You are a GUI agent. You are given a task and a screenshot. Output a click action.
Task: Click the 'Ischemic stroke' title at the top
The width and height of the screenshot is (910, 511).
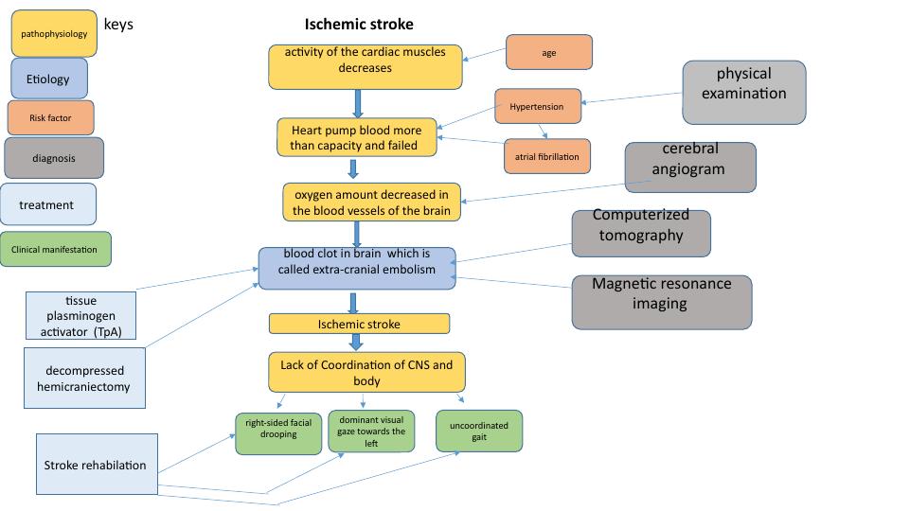359,24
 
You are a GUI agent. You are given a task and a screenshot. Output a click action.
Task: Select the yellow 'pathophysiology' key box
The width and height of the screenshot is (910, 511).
54,33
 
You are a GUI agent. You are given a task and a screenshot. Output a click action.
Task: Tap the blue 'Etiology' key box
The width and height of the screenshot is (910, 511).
48,79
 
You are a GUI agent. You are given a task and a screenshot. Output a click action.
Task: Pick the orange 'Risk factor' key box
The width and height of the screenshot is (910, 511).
51,118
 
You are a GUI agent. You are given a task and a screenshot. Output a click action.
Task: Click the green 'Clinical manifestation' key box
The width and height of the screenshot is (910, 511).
55,249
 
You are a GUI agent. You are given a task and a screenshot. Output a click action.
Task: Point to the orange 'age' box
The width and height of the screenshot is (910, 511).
549,52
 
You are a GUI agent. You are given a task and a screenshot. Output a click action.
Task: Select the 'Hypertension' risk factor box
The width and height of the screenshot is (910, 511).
537,107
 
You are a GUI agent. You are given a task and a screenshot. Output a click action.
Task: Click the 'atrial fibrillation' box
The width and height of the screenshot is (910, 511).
547,155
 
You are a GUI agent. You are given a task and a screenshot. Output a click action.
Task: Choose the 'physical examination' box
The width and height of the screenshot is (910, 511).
743,93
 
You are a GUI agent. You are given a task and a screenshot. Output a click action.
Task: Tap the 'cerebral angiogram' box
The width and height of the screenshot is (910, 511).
690,167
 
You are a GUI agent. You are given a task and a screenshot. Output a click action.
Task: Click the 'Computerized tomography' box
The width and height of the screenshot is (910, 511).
641,233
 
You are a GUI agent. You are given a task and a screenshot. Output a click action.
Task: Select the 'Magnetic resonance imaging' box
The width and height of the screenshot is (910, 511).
662,301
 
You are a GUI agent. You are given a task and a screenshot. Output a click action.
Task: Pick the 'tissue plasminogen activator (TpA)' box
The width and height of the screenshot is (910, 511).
80,315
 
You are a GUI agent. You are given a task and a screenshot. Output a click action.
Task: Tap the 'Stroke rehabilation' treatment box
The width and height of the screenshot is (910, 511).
96,464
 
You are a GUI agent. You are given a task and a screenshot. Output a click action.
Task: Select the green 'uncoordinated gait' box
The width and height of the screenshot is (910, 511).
479,431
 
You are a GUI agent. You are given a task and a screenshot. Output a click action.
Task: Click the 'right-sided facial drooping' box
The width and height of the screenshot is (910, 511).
278,433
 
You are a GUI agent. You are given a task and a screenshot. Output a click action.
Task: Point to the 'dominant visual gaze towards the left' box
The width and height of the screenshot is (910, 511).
371,431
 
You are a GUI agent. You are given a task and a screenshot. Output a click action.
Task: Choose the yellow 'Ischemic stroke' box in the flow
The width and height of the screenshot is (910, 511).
359,324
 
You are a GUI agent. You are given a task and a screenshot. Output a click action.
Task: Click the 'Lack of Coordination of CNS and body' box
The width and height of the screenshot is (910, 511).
366,372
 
